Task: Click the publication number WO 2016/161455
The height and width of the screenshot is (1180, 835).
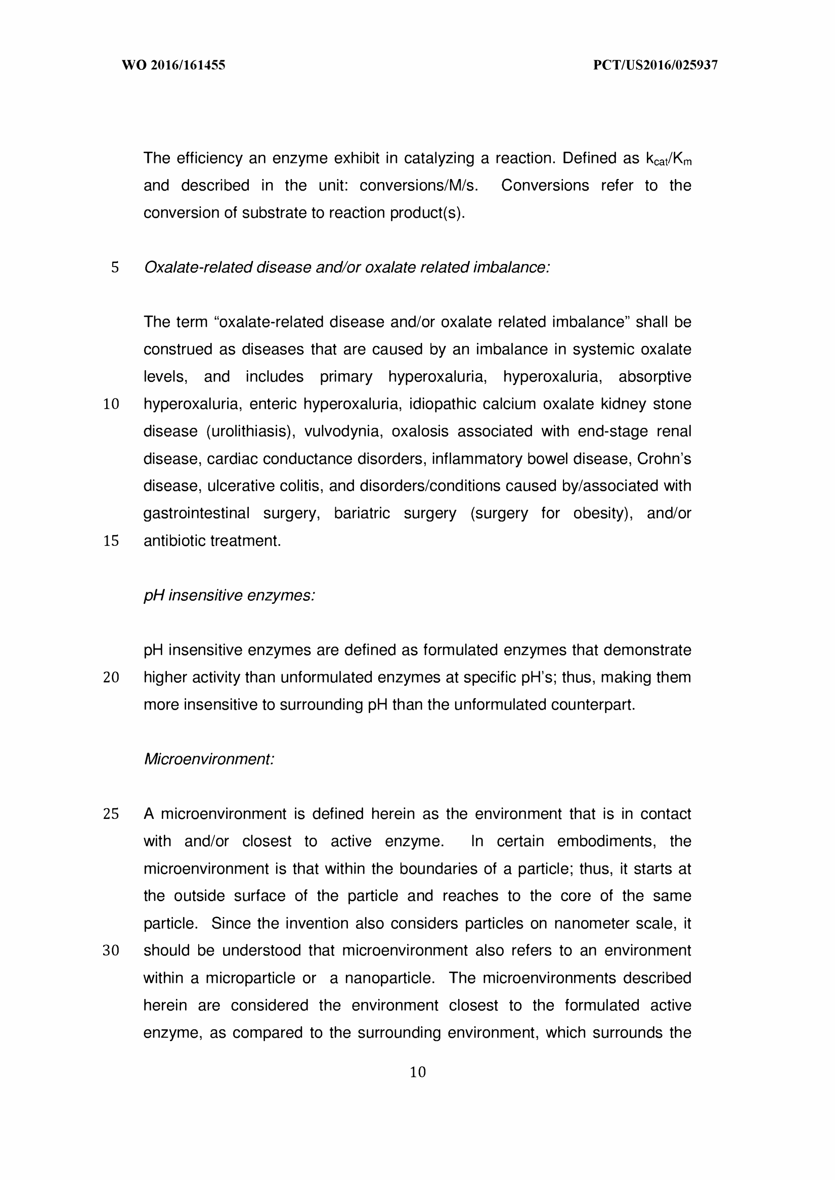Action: coord(173,65)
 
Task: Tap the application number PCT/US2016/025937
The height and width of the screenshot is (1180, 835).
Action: coord(655,65)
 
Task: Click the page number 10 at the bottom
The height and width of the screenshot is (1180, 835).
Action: coord(418,1072)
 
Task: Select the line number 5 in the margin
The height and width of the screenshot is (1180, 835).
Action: coord(115,268)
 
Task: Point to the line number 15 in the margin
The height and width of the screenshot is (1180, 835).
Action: coord(111,541)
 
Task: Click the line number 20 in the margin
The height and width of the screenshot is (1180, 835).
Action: coord(111,678)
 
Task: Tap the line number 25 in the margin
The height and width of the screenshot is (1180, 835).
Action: coord(111,814)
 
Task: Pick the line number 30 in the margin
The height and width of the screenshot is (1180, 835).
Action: coord(111,951)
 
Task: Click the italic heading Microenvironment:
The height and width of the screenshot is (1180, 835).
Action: coord(209,759)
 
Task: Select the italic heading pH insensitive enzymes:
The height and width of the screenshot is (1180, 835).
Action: coord(229,595)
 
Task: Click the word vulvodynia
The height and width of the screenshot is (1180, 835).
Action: coord(343,431)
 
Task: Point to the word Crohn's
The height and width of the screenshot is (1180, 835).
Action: coord(664,459)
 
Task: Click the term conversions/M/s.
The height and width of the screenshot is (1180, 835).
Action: coord(419,186)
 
